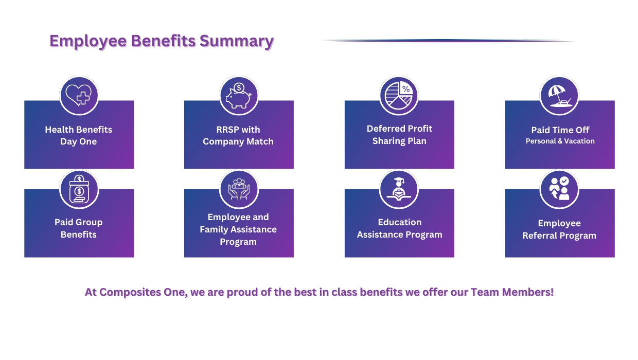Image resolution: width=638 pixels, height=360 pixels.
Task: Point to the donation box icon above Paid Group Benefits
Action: coord(79,189)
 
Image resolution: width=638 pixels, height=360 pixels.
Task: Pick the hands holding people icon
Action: coord(239,189)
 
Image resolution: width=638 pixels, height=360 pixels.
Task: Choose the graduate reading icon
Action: coord(399,189)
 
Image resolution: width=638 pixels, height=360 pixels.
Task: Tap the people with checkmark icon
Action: coord(559,189)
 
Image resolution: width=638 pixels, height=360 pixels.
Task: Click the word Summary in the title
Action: coord(237,41)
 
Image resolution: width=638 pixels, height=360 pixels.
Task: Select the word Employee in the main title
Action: coord(88,41)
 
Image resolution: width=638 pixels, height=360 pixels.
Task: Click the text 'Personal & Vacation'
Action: coord(560,141)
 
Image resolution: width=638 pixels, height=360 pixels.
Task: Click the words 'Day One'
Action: coord(79,141)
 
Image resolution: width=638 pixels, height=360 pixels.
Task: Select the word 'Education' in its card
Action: coord(400,222)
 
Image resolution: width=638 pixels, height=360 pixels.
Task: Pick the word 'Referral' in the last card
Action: coord(545,236)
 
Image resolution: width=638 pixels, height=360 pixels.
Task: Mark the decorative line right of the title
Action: coord(448,41)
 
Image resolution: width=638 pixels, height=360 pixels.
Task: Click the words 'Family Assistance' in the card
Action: coord(238,229)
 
